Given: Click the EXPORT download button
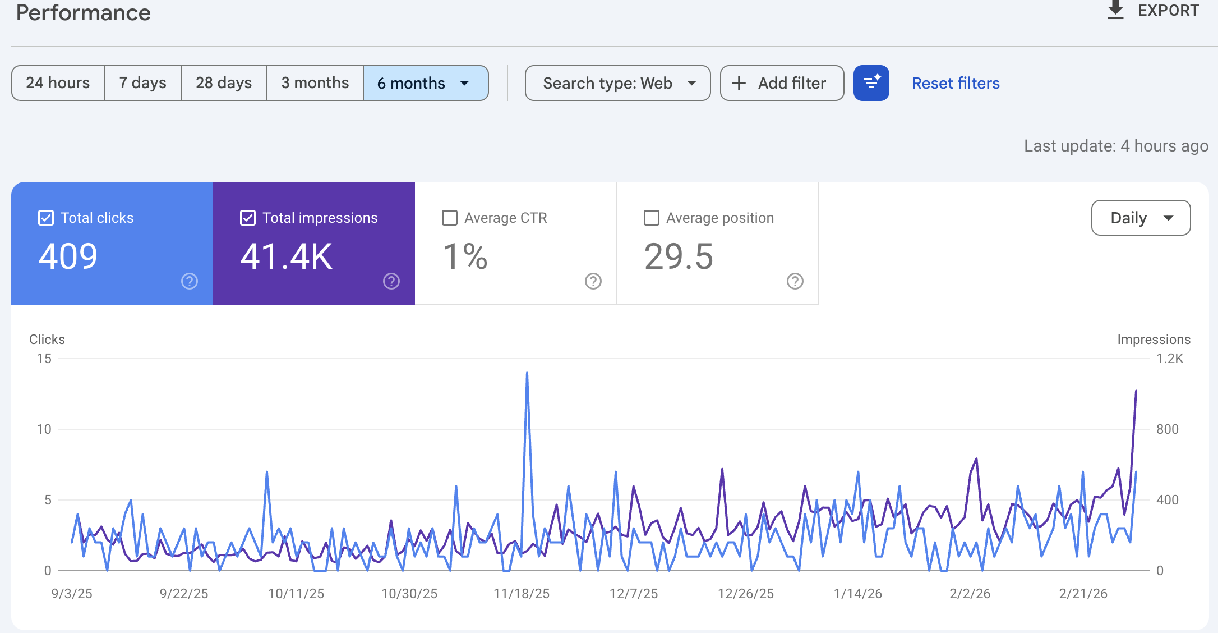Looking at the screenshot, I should tap(1153, 11).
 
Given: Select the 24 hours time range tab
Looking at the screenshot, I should tap(58, 83).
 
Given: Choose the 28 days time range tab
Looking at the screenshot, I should tap(223, 83).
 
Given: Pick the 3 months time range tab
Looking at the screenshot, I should tap(315, 83).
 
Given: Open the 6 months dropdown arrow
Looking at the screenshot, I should tap(464, 84).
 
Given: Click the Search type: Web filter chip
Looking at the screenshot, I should tap(617, 83).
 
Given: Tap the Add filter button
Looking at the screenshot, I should tap(782, 83).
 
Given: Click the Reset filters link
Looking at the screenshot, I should tap(956, 83).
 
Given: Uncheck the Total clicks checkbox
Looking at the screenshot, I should tap(46, 218).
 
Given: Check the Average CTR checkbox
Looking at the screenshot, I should tap(450, 218).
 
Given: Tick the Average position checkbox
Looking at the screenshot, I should tap(652, 218).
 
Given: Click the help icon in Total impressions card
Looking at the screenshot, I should tap(391, 281).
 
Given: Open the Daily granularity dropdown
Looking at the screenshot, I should tap(1141, 218).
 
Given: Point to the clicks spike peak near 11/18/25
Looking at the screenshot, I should tap(527, 373).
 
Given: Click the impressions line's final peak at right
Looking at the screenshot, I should tap(1136, 391).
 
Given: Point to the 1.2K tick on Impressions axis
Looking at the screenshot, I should tap(1170, 359).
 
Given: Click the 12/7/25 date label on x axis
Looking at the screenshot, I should tap(634, 594).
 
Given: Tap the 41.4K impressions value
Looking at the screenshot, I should tap(286, 256).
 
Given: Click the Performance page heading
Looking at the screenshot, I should tap(83, 12).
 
